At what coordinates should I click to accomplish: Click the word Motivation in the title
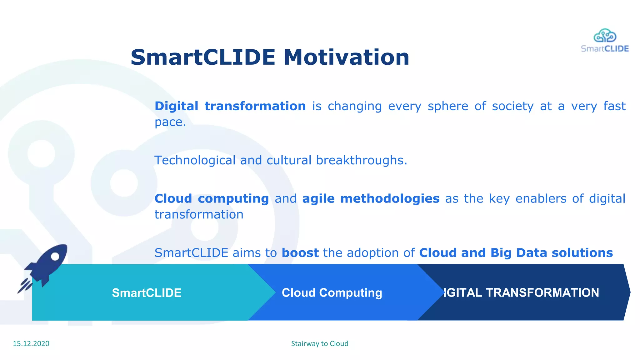click(x=346, y=57)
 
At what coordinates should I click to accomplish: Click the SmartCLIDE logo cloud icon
click(x=605, y=36)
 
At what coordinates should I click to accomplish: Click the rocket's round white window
click(x=55, y=257)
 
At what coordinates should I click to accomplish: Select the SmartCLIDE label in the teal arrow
click(x=147, y=293)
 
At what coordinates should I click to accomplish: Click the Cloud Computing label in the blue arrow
click(x=332, y=293)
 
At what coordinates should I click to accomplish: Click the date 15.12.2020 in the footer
click(x=31, y=343)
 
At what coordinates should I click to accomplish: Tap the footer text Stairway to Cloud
click(x=320, y=343)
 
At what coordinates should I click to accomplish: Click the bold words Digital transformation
click(x=230, y=106)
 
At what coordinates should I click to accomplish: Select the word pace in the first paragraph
click(x=168, y=122)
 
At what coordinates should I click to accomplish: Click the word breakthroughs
click(x=361, y=160)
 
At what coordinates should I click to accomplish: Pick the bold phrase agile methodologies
click(x=371, y=199)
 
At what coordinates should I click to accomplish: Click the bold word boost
click(x=300, y=253)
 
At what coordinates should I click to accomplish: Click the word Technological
click(x=195, y=160)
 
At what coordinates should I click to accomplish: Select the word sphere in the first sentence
click(x=448, y=106)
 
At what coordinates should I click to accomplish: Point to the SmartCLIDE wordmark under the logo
click(x=605, y=49)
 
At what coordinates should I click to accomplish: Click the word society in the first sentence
click(x=512, y=106)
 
